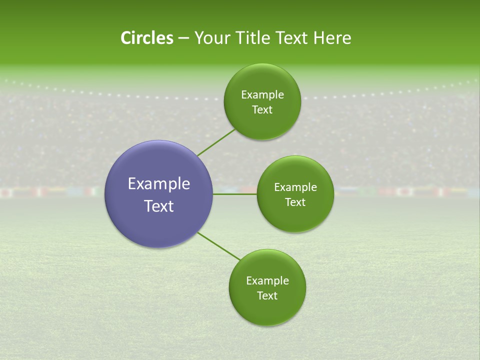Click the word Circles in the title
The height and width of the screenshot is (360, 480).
(146, 38)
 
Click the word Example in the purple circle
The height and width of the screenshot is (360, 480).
(159, 184)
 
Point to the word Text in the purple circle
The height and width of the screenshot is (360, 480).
(159, 206)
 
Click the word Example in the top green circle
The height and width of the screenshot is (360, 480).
(262, 95)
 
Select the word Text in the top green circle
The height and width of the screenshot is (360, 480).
(262, 110)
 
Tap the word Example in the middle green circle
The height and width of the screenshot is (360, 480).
(295, 187)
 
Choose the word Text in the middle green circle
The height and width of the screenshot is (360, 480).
(295, 202)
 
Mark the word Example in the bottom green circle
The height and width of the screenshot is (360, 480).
(267, 281)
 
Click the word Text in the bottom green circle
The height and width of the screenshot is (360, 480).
(267, 296)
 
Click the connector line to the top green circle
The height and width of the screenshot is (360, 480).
(216, 142)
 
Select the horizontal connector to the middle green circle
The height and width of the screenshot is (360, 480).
(235, 194)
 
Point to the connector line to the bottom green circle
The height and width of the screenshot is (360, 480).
(219, 246)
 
